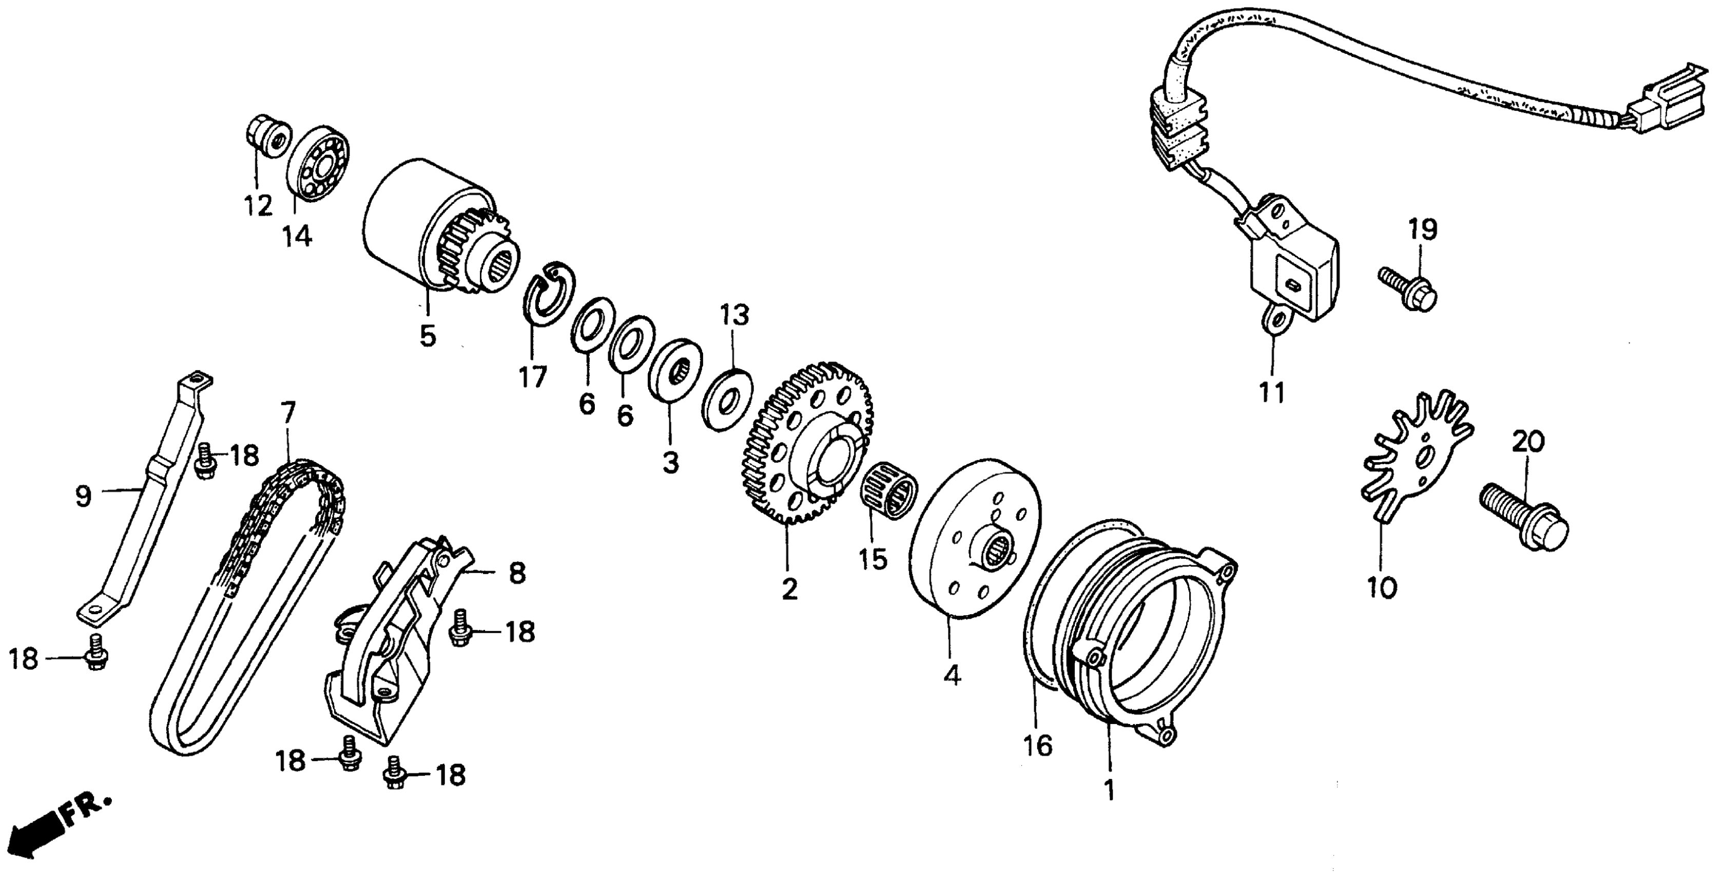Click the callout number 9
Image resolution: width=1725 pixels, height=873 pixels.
pos(82,497)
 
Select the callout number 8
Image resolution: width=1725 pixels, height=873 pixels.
pos(517,574)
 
